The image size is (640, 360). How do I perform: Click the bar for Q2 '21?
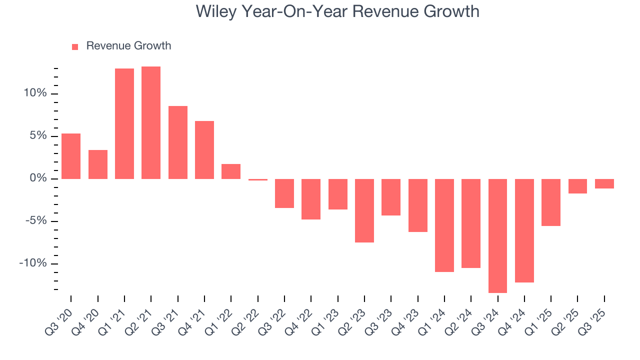click(x=151, y=122)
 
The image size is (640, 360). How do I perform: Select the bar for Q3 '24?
click(x=497, y=235)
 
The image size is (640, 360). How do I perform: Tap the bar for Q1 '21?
click(x=124, y=123)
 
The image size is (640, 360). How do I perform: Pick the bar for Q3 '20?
click(x=71, y=156)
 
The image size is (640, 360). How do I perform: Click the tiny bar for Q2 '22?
click(x=258, y=179)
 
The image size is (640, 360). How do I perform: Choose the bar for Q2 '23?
click(x=364, y=210)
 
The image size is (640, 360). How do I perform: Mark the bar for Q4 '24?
click(x=524, y=230)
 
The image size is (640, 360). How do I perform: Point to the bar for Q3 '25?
click(x=604, y=183)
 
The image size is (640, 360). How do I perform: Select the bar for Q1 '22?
click(x=231, y=171)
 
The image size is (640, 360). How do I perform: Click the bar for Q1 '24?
click(x=444, y=225)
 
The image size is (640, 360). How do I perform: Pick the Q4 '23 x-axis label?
click(x=409, y=317)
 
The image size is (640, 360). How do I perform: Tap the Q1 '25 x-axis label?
click(x=542, y=317)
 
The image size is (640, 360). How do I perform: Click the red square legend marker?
click(x=75, y=46)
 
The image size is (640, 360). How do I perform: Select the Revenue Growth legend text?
click(x=128, y=46)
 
